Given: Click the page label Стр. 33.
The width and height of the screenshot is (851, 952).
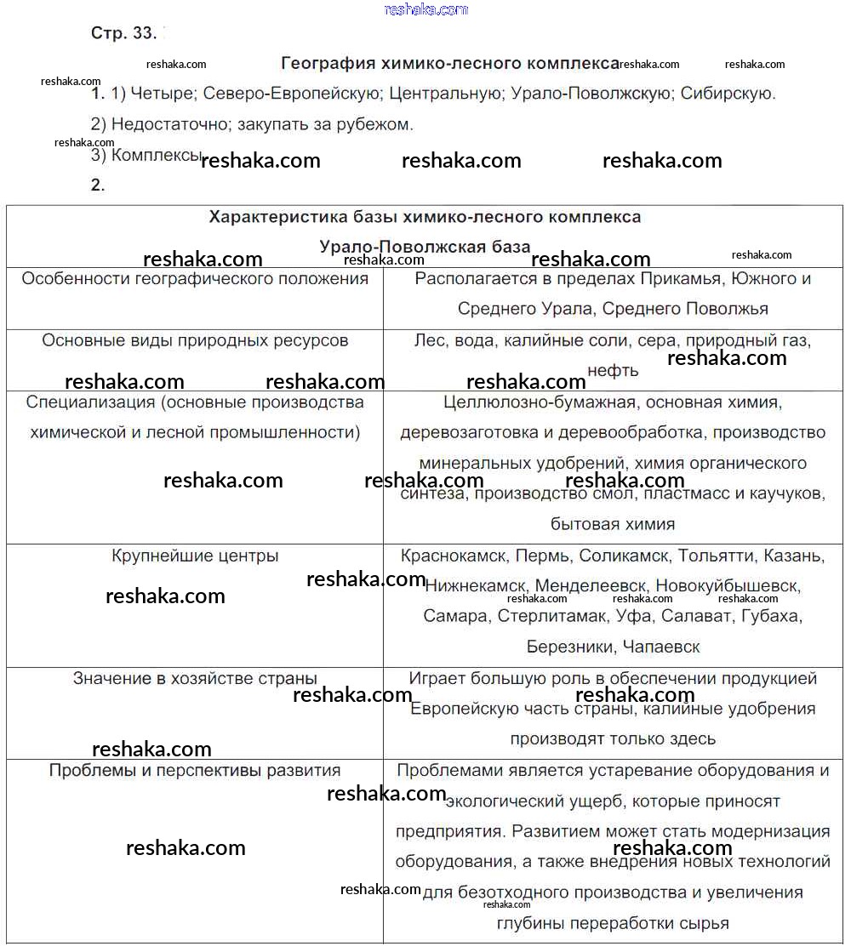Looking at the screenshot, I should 123,34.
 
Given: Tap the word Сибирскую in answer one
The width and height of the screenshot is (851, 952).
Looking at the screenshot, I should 728,94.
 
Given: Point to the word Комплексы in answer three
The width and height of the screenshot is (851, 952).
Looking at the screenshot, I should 146,156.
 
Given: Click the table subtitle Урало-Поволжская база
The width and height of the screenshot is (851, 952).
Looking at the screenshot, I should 425,247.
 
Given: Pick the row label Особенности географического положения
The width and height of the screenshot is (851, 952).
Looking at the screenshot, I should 195,279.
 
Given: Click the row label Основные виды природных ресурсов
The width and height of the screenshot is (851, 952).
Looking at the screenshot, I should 195,340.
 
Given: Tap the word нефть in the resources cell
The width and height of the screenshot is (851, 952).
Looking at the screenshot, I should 613,371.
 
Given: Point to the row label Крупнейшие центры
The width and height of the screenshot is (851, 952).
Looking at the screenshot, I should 195,556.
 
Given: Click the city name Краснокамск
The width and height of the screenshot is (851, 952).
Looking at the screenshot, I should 453,556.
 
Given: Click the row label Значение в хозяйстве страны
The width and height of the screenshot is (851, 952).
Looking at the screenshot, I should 195,678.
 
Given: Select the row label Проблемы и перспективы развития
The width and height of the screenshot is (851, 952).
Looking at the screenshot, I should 195,771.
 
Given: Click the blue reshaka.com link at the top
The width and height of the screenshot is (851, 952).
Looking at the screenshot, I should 426,9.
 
